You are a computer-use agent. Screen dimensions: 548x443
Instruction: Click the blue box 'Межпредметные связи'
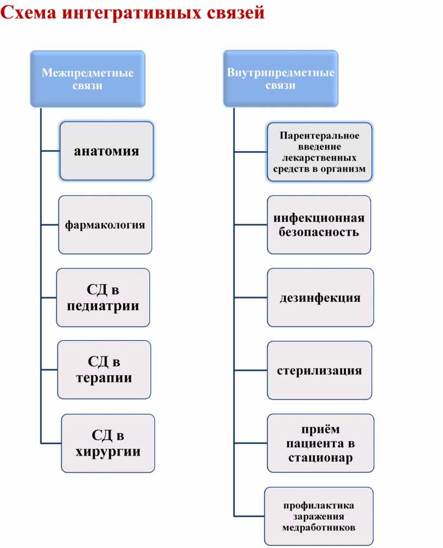[87, 79]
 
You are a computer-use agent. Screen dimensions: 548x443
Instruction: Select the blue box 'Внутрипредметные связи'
[280, 79]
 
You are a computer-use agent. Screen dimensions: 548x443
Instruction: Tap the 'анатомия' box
[106, 151]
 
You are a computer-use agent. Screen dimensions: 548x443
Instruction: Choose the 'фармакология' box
[105, 224]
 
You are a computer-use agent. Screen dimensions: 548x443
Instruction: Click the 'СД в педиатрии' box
[103, 298]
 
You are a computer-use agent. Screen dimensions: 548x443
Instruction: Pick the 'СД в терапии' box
[104, 370]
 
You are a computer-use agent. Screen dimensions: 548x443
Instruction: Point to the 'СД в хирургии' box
[107, 443]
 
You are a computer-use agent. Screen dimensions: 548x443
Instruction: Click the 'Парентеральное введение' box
[319, 152]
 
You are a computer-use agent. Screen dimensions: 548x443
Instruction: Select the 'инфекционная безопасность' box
[319, 225]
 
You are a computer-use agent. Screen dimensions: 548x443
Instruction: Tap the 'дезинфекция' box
[320, 298]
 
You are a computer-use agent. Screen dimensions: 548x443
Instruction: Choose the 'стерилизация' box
[319, 370]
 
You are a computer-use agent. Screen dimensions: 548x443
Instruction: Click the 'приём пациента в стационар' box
[320, 443]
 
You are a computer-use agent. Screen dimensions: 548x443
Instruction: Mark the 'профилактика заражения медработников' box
[319, 516]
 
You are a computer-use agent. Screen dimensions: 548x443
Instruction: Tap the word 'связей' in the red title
[235, 12]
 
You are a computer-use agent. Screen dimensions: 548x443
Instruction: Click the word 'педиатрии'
[103, 306]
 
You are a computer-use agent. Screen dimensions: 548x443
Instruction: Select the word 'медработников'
[319, 527]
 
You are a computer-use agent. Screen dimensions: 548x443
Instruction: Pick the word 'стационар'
[320, 457]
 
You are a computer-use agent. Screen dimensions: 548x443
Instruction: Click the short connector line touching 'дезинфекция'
[250, 298]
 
